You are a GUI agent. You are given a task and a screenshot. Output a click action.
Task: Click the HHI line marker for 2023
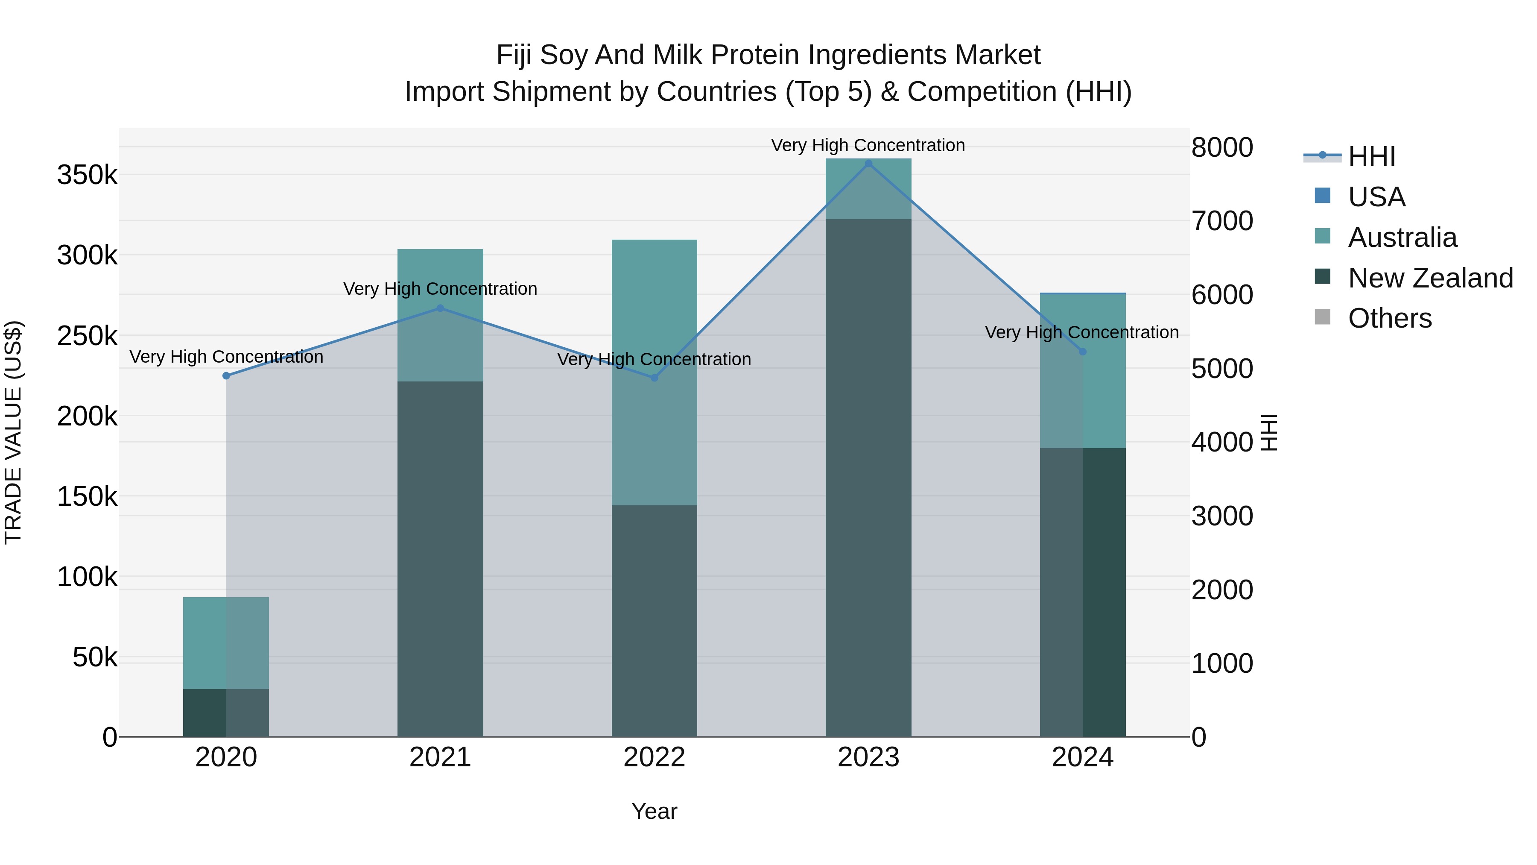pyautogui.click(x=868, y=164)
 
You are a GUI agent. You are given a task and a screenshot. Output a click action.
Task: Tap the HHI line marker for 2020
pyautogui.click(x=226, y=375)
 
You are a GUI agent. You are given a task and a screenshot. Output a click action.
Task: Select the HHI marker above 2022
pyautogui.click(x=654, y=377)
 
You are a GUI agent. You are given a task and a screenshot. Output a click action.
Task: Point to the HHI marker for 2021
pyautogui.click(x=440, y=308)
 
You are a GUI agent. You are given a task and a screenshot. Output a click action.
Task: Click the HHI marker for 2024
pyautogui.click(x=1083, y=352)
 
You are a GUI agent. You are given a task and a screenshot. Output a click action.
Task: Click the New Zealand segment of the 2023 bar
pyautogui.click(x=868, y=478)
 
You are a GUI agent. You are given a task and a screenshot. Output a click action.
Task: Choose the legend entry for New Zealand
pyautogui.click(x=1430, y=278)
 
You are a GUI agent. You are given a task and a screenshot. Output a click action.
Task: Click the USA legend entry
pyautogui.click(x=1376, y=197)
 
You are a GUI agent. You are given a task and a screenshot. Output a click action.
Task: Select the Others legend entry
pyautogui.click(x=1390, y=318)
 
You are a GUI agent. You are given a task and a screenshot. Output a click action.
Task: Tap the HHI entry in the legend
pyautogui.click(x=1371, y=156)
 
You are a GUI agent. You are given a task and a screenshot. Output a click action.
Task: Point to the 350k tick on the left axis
pyautogui.click(x=87, y=176)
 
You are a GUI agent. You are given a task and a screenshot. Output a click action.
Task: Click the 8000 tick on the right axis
pyautogui.click(x=1222, y=147)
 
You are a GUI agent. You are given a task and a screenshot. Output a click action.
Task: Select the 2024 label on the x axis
pyautogui.click(x=1082, y=757)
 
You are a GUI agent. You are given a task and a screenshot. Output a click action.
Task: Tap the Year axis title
pyautogui.click(x=654, y=811)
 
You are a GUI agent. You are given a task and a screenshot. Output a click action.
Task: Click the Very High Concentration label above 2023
pyautogui.click(x=868, y=145)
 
